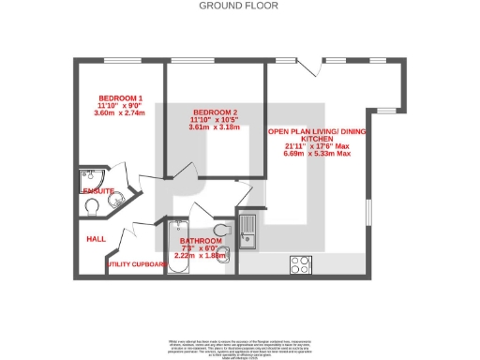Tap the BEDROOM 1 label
click(121, 98)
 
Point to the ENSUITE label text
click(98, 191)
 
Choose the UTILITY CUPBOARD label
click(137, 264)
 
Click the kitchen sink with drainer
click(248, 229)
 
